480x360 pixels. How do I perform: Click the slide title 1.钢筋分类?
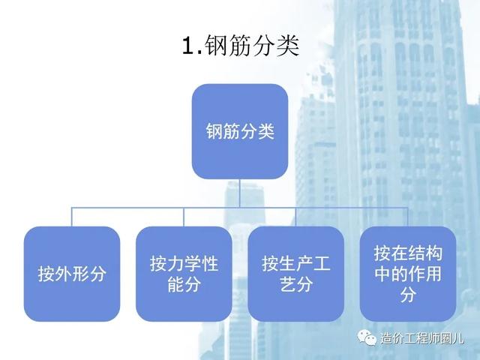click(x=240, y=46)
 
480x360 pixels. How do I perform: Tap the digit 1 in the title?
click(x=188, y=46)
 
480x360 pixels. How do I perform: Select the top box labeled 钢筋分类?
click(x=240, y=131)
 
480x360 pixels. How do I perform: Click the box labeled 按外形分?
click(x=72, y=274)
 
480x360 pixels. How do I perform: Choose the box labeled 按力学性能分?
click(x=184, y=274)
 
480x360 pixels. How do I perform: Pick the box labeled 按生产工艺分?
click(x=296, y=274)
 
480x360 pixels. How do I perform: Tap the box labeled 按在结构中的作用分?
click(x=408, y=274)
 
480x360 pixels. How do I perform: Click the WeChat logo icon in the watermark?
click(x=367, y=337)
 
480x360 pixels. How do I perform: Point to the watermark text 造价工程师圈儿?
click(x=422, y=338)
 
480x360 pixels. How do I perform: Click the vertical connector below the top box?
click(x=240, y=193)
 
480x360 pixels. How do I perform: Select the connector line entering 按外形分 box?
click(x=72, y=217)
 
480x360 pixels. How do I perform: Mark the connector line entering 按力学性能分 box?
click(x=184, y=217)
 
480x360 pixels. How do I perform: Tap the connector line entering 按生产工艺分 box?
click(x=296, y=217)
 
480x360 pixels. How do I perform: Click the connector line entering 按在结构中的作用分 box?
click(x=408, y=217)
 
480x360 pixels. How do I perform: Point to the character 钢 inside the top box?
click(x=214, y=131)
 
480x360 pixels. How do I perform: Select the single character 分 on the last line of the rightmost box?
click(x=408, y=295)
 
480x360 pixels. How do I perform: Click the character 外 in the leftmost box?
click(x=63, y=274)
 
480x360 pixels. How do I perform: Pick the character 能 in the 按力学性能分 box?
click(x=175, y=284)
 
